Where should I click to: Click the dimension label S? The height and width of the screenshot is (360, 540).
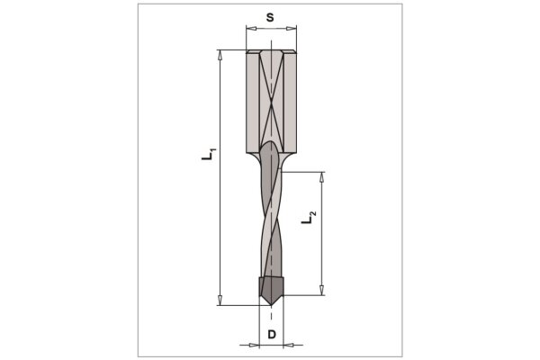(x=271, y=17)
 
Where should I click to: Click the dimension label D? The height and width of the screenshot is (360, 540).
(x=271, y=335)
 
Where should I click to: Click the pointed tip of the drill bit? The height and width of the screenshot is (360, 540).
(x=271, y=306)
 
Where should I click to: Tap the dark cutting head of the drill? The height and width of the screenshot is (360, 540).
(x=271, y=290)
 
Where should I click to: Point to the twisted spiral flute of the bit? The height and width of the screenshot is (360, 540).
(x=271, y=225)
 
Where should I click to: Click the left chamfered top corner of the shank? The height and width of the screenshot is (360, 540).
(x=247, y=51)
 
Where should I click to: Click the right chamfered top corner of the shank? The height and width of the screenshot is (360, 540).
(x=294, y=51)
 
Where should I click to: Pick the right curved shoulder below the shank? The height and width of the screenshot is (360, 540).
(x=286, y=162)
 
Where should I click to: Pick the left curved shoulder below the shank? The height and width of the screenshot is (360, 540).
(x=256, y=162)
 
